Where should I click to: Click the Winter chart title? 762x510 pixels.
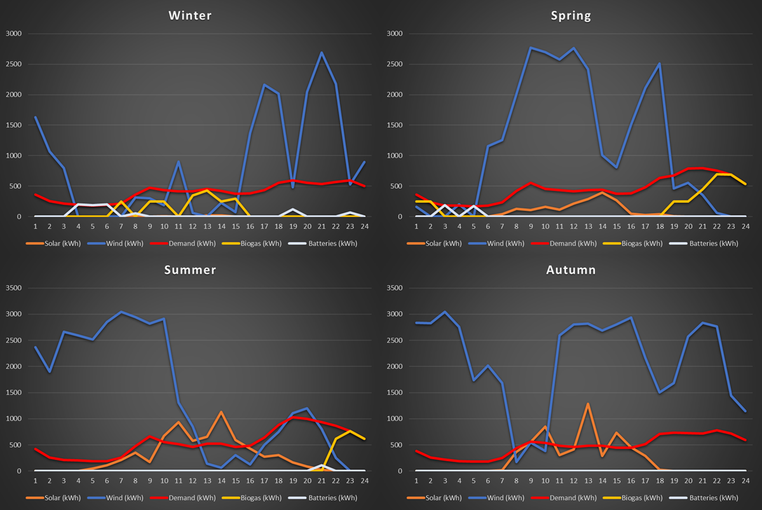(190, 16)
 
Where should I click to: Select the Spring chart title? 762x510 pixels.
(571, 16)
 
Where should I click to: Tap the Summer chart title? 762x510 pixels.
(190, 270)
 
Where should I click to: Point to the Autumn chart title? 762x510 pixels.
(571, 270)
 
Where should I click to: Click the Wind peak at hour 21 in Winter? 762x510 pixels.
(322, 53)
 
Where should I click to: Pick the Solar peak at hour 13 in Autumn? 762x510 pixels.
(588, 404)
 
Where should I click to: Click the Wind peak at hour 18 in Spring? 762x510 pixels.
(660, 64)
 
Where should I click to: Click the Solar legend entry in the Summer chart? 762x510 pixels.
(53, 498)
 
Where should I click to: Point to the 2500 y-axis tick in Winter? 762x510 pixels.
(13, 64)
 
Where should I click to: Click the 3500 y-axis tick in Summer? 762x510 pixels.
(13, 288)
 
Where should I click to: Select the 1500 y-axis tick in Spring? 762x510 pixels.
(394, 125)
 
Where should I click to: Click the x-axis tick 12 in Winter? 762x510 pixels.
(193, 226)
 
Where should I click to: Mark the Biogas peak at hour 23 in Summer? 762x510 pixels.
(350, 431)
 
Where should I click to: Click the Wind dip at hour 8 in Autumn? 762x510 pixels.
(516, 462)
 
